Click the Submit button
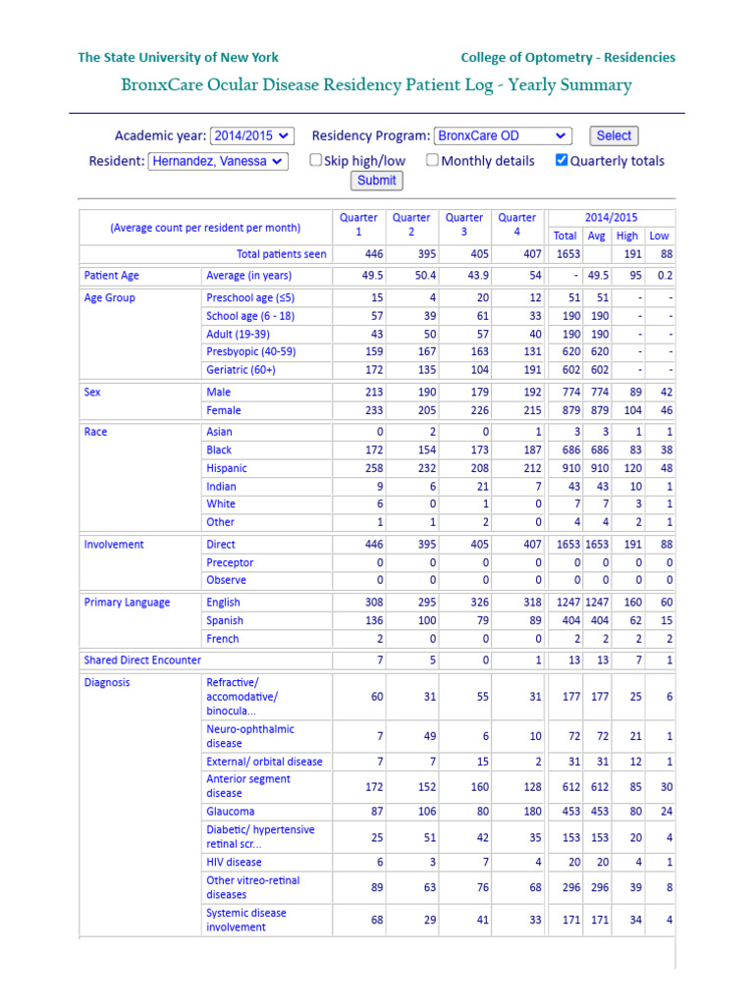coord(377,181)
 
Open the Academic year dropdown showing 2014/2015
coord(251,136)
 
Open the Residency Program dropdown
coord(503,136)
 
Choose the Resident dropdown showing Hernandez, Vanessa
coord(218,161)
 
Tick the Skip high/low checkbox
coord(316,160)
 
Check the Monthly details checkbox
coord(433,160)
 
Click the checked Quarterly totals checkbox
coord(562,160)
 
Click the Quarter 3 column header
coord(463,225)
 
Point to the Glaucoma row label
coord(231,812)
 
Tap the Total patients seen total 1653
coord(565,254)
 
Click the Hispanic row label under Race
coord(227,468)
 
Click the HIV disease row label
coord(234,862)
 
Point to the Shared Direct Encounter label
coord(142,661)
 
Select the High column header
coord(627,236)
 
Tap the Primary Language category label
coord(127,603)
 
